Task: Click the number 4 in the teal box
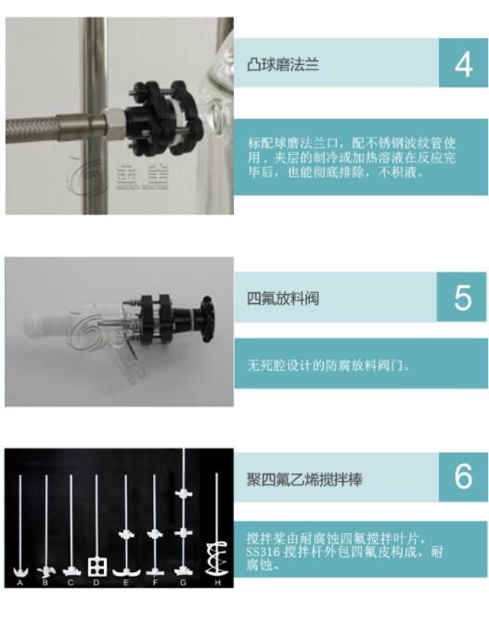[x=464, y=64]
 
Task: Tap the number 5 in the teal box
[x=463, y=298]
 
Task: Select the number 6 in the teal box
[x=464, y=477]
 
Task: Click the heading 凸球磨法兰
[x=283, y=64]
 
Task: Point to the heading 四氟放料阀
[x=283, y=298]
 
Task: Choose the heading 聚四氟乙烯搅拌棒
[x=304, y=479]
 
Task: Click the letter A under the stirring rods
[x=19, y=582]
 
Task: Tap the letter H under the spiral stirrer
[x=217, y=582]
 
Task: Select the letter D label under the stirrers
[x=97, y=582]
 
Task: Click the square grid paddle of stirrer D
[x=97, y=567]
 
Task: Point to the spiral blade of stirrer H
[x=217, y=559]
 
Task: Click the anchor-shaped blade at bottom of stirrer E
[x=126, y=571]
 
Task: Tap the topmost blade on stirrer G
[x=184, y=494]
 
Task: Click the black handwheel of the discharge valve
[x=208, y=319]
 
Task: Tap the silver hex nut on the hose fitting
[x=114, y=124]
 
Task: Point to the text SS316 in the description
[x=263, y=552]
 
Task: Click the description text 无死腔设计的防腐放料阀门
[x=328, y=364]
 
